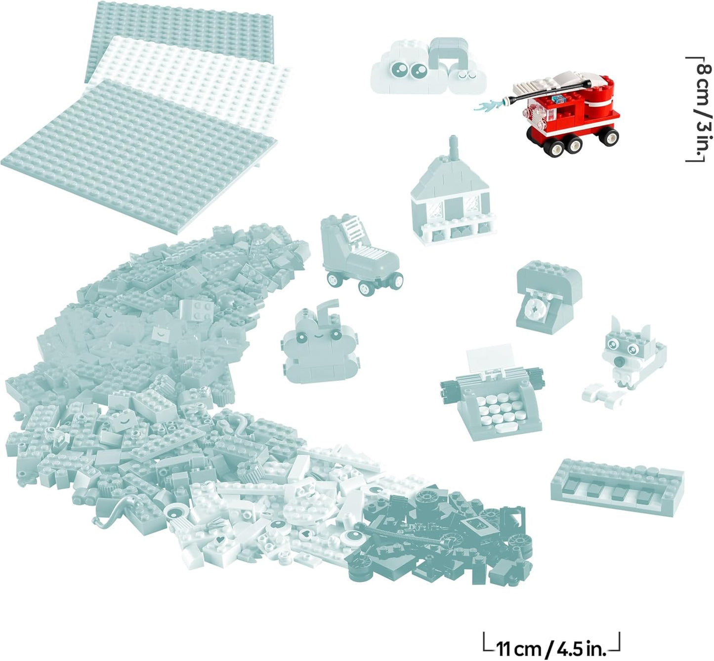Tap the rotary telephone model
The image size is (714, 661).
549,296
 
